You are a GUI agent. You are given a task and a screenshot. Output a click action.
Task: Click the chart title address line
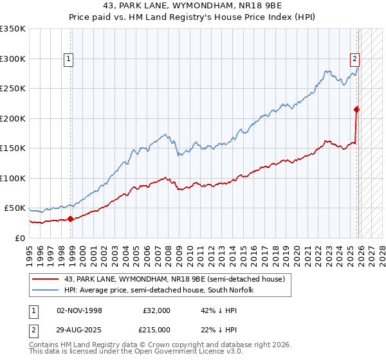click(192, 6)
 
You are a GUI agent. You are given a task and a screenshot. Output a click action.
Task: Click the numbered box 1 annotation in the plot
click(68, 59)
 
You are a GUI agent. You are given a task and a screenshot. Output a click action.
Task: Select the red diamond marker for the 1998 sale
click(71, 219)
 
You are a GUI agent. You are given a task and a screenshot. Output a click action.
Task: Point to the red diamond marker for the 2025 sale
click(357, 109)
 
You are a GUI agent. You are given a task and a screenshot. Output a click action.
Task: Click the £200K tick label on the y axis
click(13, 118)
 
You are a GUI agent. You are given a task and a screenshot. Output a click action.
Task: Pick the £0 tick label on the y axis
click(19, 238)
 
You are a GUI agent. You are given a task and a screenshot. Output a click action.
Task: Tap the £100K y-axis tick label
click(13, 178)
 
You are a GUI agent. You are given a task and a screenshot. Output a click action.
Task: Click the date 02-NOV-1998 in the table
click(79, 310)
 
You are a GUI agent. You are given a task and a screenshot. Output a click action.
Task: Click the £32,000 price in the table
click(156, 310)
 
